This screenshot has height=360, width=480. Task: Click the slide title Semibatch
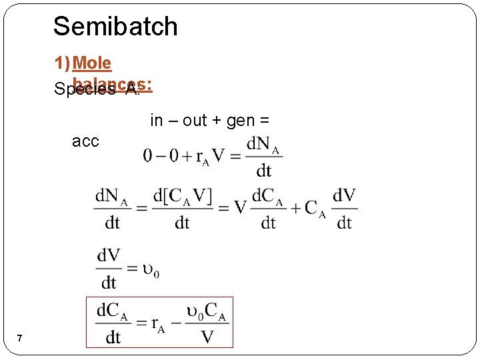click(115, 27)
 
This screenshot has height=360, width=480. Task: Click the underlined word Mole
click(92, 63)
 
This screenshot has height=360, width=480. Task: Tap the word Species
click(85, 89)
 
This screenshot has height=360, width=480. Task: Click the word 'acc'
click(85, 141)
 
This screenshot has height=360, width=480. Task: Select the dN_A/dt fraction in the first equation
click(263, 157)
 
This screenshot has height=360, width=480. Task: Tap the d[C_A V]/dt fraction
click(182, 209)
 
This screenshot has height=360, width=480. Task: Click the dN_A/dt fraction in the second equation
click(112, 209)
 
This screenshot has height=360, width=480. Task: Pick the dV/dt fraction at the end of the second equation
click(344, 209)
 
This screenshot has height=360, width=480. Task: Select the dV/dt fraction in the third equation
click(109, 269)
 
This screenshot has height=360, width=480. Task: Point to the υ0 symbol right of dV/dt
click(151, 270)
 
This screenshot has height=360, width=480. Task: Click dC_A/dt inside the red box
click(113, 323)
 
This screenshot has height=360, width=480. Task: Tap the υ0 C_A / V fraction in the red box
click(207, 323)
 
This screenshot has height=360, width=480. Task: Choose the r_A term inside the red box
click(158, 325)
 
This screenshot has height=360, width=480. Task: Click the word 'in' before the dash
click(157, 121)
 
